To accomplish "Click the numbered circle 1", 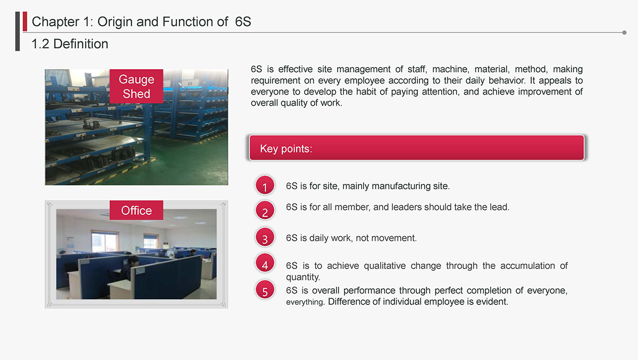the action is point(265,185).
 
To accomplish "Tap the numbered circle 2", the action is point(265,211).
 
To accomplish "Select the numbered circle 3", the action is point(265,237).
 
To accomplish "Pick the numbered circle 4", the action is point(265,263).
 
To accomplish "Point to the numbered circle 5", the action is point(265,290).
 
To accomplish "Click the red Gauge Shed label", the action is point(137,86).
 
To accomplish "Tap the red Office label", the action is point(137,210).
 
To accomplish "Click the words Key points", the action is point(286,149).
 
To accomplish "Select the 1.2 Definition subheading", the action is point(70,44).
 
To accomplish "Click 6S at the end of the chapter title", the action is point(243,22).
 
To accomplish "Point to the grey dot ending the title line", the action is point(624,32).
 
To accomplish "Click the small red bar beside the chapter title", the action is point(25,21).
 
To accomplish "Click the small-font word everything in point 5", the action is point(305,302).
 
